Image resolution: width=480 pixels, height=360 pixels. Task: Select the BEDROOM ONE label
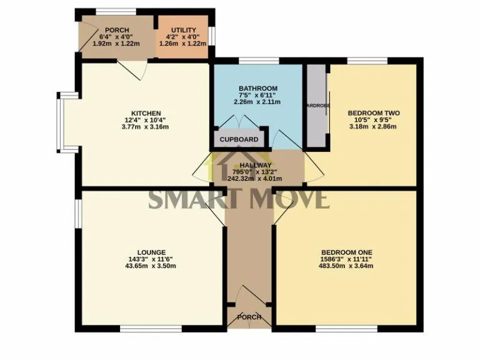point(355,252)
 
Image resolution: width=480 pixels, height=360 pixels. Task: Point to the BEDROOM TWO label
point(373,113)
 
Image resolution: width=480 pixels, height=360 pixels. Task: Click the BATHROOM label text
point(257,89)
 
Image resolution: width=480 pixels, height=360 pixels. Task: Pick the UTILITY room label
point(184,30)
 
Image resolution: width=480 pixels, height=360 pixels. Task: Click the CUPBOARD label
point(239,139)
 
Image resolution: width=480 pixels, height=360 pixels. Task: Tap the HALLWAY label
point(258,165)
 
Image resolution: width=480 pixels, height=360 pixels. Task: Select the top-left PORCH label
point(117,30)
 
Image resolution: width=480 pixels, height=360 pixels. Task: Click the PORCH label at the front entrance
point(249,317)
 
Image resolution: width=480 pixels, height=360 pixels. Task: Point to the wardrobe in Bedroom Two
point(316,105)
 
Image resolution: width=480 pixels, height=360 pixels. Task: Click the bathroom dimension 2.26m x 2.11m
point(257,102)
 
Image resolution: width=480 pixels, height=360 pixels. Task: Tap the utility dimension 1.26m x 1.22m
point(184,44)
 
